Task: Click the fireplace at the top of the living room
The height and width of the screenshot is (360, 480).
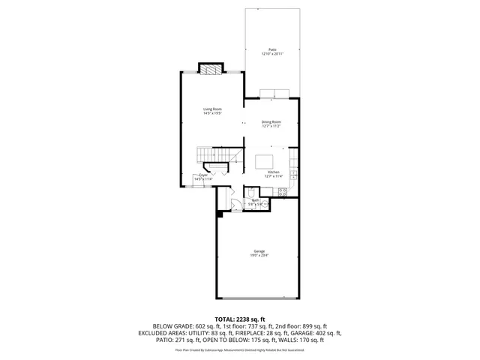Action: pyautogui.click(x=211, y=69)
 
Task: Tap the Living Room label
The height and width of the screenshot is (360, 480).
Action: pyautogui.click(x=212, y=109)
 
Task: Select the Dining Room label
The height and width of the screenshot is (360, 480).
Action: pyautogui.click(x=271, y=121)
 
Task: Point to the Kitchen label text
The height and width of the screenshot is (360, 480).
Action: pyautogui.click(x=274, y=172)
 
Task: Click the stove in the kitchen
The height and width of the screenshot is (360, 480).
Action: pyautogui.click(x=283, y=191)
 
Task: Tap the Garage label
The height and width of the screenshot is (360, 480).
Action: pyautogui.click(x=259, y=250)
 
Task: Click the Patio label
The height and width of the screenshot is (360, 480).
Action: pyautogui.click(x=272, y=49)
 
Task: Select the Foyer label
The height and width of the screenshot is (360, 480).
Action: pyautogui.click(x=203, y=175)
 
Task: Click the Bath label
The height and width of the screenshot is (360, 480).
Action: pyautogui.click(x=255, y=200)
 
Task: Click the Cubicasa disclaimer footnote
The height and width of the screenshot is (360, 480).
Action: pyautogui.click(x=240, y=349)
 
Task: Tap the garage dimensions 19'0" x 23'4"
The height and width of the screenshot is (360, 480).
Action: pyautogui.click(x=259, y=256)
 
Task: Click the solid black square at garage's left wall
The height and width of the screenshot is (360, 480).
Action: pyautogui.click(x=220, y=214)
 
